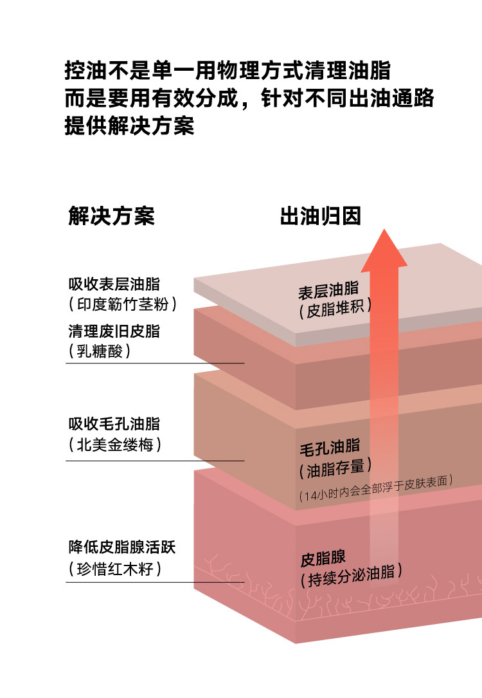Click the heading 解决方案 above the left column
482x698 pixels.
(x=111, y=216)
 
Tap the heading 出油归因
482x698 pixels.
(x=320, y=216)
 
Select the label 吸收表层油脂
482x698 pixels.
(x=114, y=284)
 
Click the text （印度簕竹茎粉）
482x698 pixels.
(x=122, y=304)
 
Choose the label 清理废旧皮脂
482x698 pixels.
(x=114, y=332)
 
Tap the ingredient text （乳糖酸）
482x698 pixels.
(x=99, y=351)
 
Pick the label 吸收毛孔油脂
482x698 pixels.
(x=114, y=425)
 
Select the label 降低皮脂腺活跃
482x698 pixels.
(x=122, y=548)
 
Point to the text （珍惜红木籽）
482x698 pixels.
(x=114, y=569)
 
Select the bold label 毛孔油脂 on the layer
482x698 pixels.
(x=329, y=447)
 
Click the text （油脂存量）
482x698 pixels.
(x=335, y=468)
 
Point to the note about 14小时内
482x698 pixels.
(x=377, y=488)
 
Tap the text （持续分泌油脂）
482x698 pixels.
(x=351, y=576)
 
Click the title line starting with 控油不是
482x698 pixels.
(x=228, y=69)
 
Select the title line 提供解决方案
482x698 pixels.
(x=129, y=126)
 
